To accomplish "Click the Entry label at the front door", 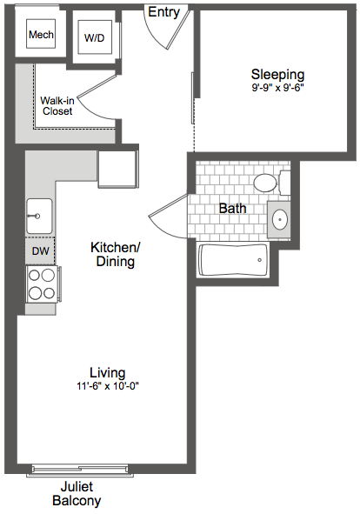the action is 163,12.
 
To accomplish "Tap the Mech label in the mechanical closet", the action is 41,35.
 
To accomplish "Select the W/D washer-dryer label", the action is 95,38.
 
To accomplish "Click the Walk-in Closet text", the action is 57,106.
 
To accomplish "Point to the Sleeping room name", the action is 277,75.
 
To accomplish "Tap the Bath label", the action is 232,208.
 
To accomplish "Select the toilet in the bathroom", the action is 272,183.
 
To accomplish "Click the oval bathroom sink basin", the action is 280,219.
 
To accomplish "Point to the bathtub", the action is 233,260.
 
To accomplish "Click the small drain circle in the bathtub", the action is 260,260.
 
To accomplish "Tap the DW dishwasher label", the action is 41,251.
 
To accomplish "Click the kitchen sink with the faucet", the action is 39,216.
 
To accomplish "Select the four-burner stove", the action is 42,284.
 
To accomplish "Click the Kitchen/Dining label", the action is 116,254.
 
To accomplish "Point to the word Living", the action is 108,373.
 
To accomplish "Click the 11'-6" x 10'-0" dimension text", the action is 108,386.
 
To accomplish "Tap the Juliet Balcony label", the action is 77,493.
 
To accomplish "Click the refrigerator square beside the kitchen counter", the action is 117,169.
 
